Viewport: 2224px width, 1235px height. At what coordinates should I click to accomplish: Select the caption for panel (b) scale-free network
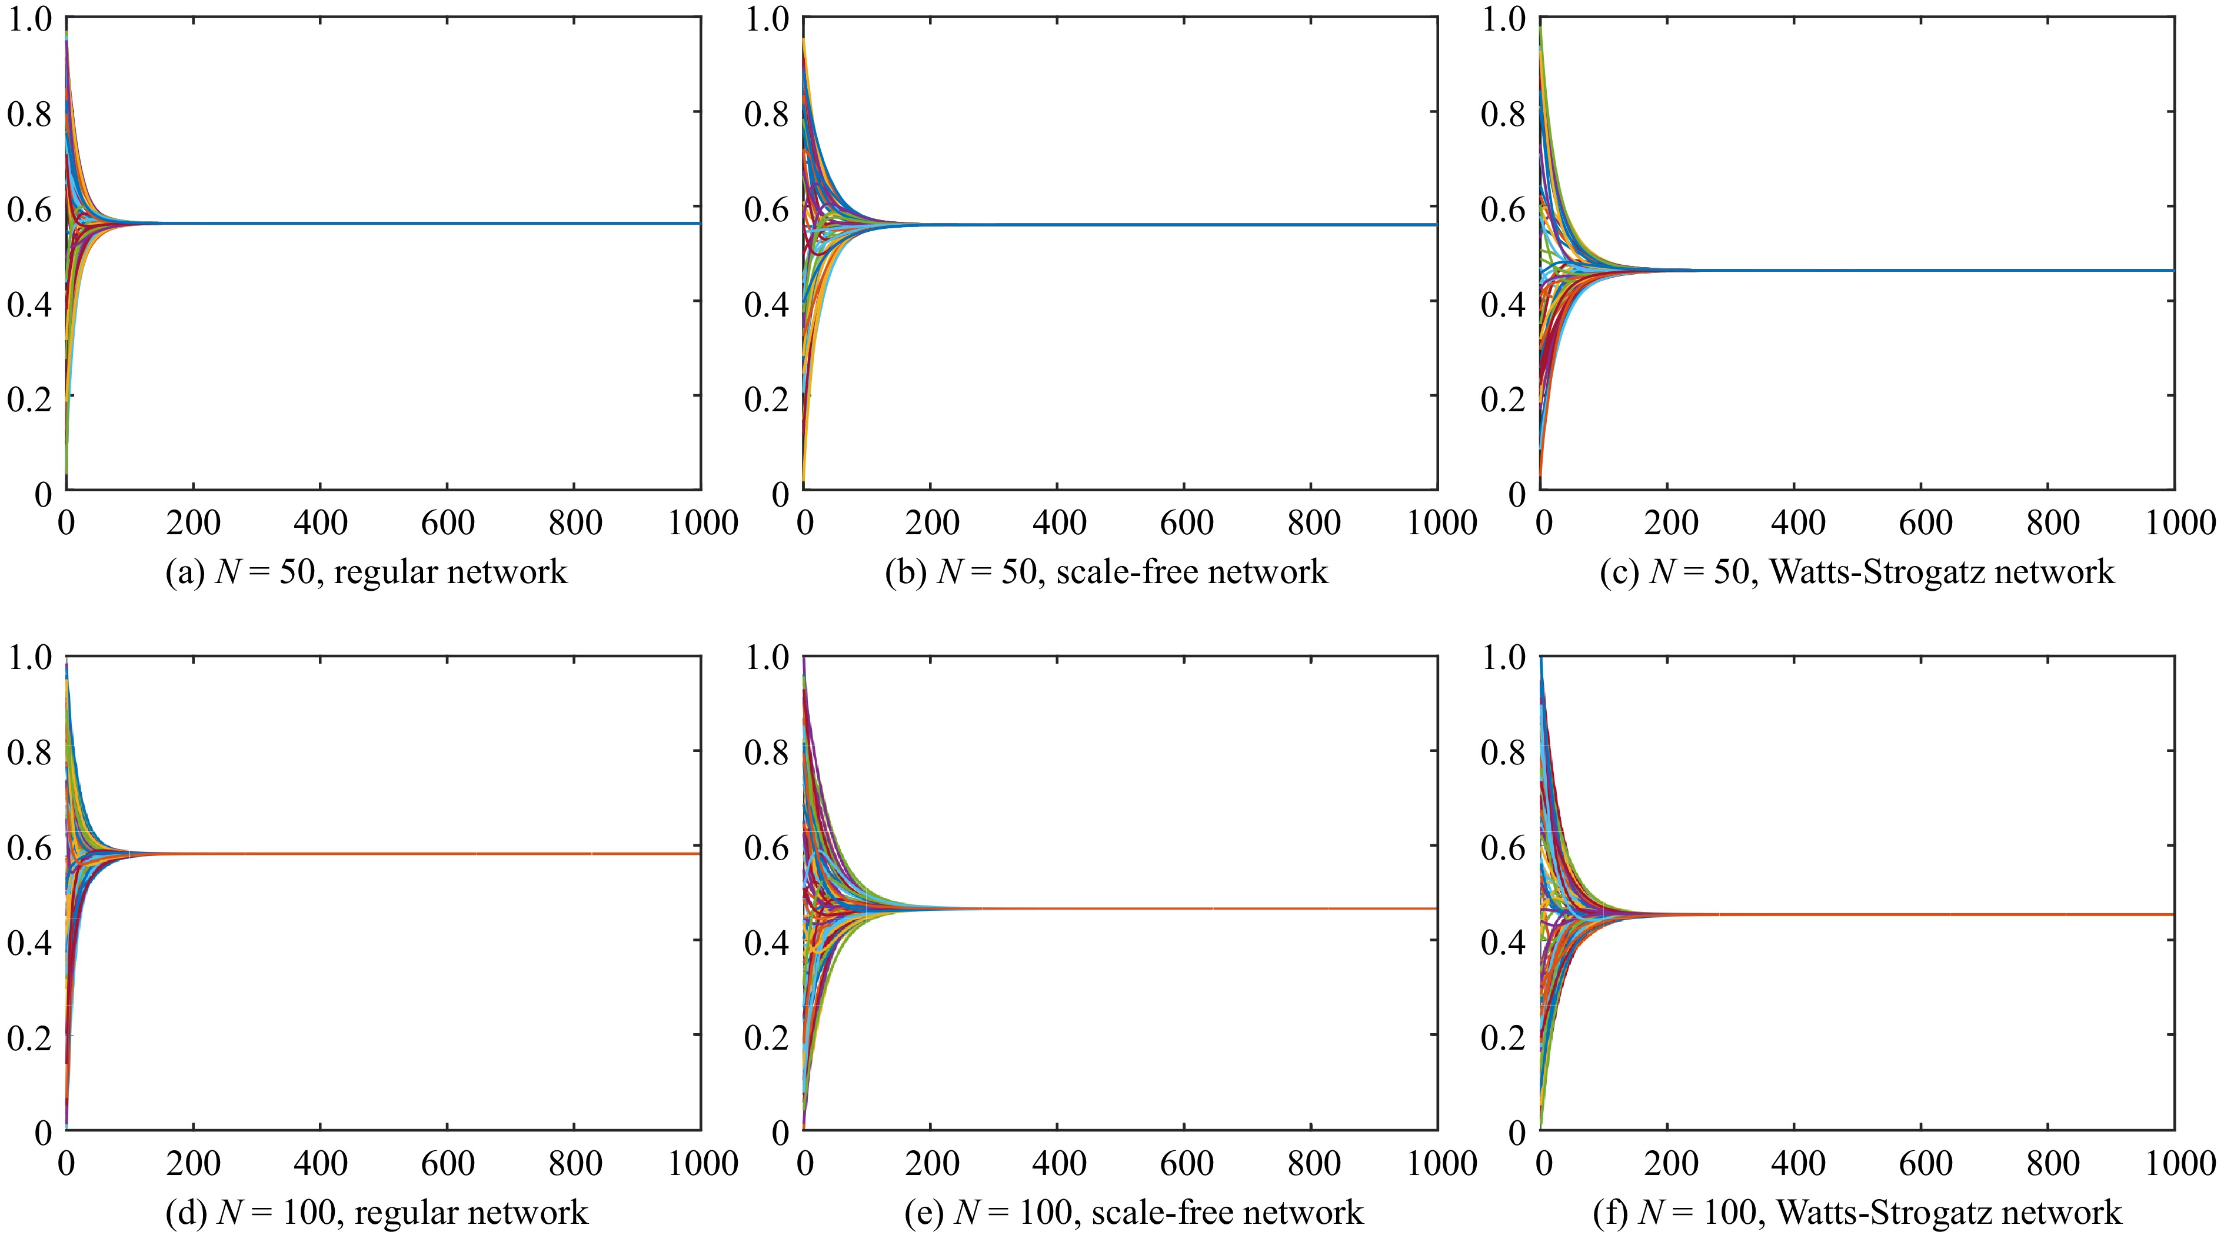coord(1106,572)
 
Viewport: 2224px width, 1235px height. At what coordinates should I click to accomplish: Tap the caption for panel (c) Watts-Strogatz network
coord(1857,572)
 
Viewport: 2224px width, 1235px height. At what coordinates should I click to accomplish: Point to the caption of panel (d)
coord(377,1213)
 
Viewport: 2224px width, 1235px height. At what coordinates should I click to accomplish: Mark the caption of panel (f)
coord(1857,1213)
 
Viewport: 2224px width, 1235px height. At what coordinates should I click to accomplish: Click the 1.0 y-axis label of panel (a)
coord(28,19)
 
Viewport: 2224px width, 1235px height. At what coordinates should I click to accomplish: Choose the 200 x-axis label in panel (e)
coord(931,1163)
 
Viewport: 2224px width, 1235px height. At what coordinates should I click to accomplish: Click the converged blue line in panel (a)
coord(432,223)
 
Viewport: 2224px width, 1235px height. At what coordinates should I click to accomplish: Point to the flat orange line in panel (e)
coord(1208,908)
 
